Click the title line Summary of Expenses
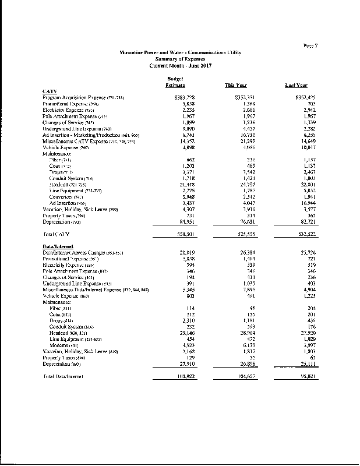pyautogui.click(x=179, y=59)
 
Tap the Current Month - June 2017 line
pyautogui.click(x=179, y=65)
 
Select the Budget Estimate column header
pyautogui.click(x=175, y=82)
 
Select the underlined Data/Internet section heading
pyautogui.click(x=61, y=247)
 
